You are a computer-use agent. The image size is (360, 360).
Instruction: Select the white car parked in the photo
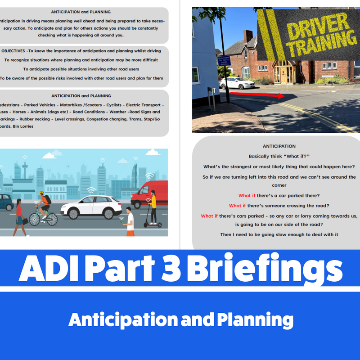pos(237,83)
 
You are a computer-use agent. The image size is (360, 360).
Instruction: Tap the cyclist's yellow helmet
pos(41,193)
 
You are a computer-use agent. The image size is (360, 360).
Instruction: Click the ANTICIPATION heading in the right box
pos(279,146)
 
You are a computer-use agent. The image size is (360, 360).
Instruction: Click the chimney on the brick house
pos(248,36)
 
